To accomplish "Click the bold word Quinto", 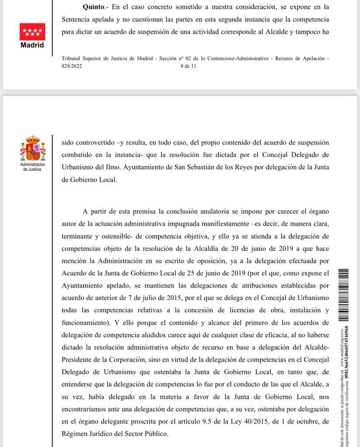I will (x=94, y=7).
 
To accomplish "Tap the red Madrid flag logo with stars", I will (x=32, y=31).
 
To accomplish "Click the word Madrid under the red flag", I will (x=32, y=45).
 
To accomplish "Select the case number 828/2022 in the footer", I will (x=72, y=66).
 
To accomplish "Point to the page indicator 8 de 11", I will (x=189, y=66).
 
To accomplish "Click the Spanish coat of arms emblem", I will (x=32, y=149).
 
